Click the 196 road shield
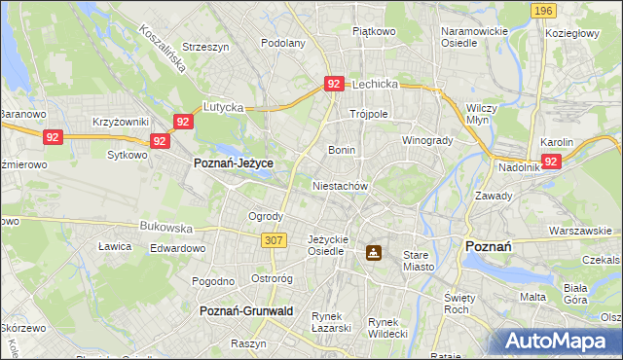tap(544, 10)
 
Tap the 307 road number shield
tap(274, 239)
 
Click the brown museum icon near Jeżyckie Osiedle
tap(373, 253)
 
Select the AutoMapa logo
tap(559, 342)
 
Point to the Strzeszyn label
tap(205, 47)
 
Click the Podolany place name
tap(284, 43)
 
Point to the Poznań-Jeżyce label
tap(234, 163)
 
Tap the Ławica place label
tap(115, 246)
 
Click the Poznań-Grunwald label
tap(246, 310)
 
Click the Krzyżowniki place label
tap(121, 122)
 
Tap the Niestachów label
tap(340, 185)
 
